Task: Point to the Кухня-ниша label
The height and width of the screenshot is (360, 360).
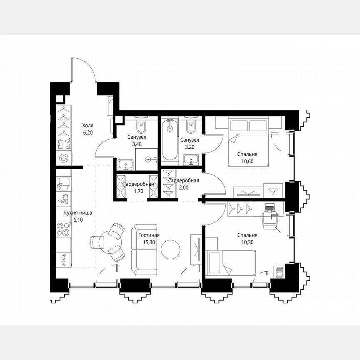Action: point(78,213)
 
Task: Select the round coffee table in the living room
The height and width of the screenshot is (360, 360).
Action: point(171,250)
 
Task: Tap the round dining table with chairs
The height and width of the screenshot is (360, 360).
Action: point(110,241)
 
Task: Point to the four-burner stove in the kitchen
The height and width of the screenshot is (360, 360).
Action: point(64,230)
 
